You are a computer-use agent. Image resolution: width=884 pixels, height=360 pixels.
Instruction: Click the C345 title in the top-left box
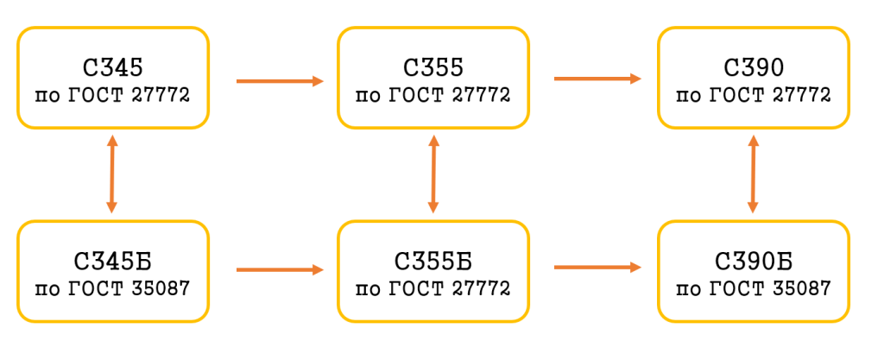[x=112, y=66]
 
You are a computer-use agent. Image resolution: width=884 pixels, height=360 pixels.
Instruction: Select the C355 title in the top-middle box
[x=433, y=66]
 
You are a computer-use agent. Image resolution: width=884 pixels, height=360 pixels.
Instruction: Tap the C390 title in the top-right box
[x=754, y=66]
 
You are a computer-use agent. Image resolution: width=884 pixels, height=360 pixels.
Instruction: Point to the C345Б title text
[x=112, y=260]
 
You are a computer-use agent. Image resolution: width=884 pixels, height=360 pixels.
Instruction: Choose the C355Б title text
[x=433, y=260]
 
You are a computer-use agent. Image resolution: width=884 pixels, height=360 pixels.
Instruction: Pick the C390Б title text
[x=754, y=260]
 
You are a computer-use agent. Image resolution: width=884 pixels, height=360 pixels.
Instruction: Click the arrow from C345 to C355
[x=279, y=81]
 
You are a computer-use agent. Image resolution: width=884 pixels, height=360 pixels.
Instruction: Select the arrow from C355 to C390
[x=597, y=79]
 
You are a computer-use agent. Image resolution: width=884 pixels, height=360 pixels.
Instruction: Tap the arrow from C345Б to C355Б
[x=279, y=269]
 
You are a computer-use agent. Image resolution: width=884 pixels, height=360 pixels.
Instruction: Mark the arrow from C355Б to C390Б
[x=597, y=268]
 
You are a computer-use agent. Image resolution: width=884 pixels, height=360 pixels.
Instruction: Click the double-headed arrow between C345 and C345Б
[x=111, y=174]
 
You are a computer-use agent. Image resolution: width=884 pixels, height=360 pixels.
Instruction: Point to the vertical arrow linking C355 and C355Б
[x=433, y=174]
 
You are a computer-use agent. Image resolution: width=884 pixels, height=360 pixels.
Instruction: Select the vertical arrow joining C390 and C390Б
[x=754, y=174]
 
